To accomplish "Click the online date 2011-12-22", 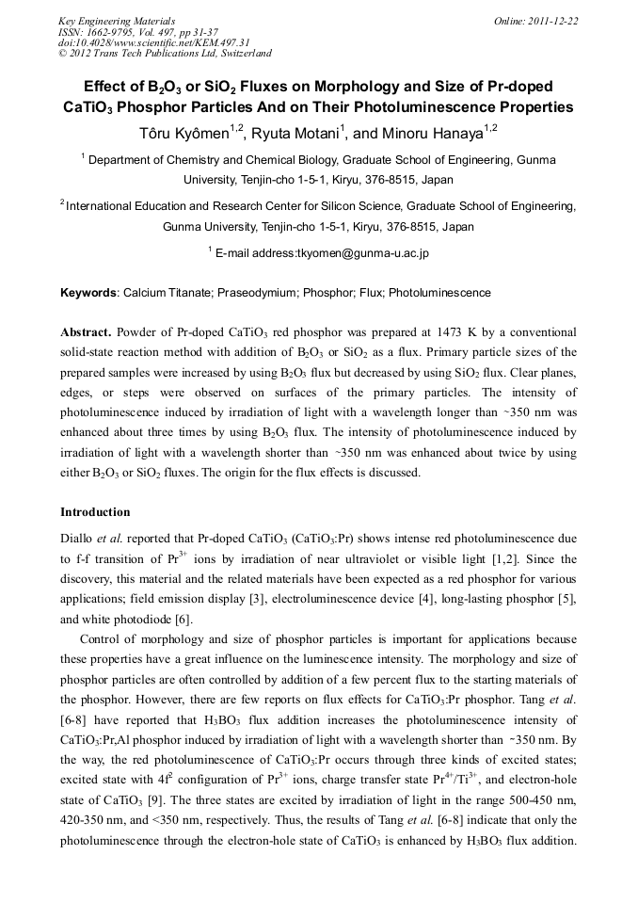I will pos(553,20).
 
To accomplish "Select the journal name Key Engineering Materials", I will pos(118,20).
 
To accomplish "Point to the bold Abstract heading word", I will pos(86,333).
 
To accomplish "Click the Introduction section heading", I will pos(95,512).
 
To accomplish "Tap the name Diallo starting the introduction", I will pos(79,538).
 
